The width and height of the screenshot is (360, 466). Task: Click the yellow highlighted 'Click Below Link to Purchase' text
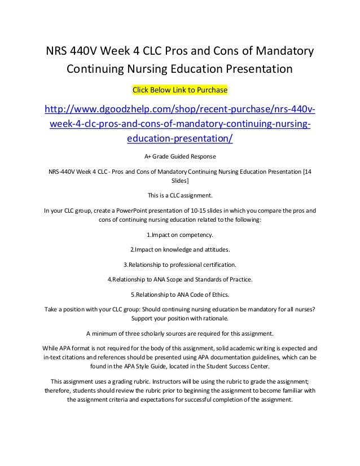coord(179,90)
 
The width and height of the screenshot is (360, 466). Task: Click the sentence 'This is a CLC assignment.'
coord(179,196)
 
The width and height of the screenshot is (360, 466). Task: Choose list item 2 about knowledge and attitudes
coord(179,250)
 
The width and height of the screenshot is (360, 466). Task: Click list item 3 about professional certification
coord(179,264)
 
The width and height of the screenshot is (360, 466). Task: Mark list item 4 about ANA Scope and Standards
coord(179,279)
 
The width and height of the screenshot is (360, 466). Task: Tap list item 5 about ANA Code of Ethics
coord(179,293)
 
